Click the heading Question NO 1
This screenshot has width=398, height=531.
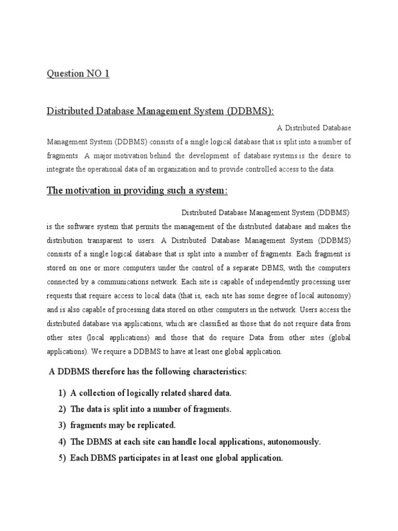click(x=78, y=74)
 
